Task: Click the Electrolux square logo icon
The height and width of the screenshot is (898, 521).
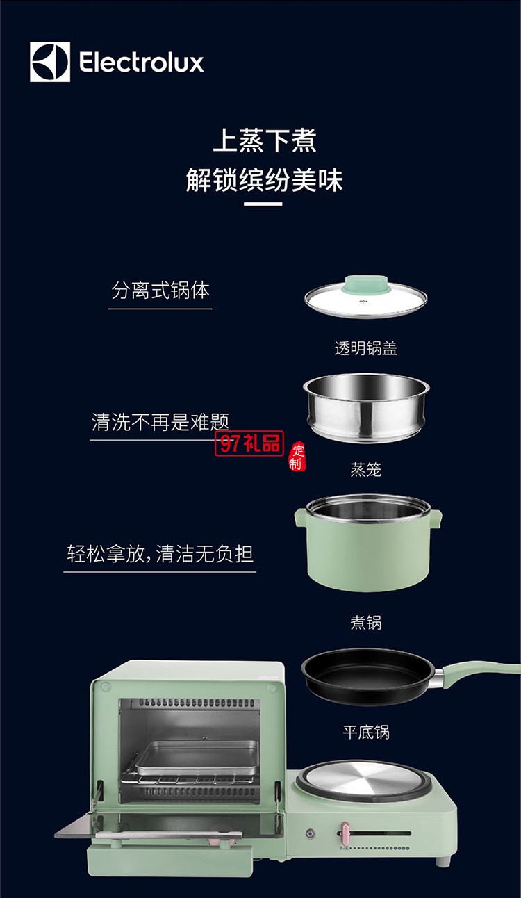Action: (50, 62)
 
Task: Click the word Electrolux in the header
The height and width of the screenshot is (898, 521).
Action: (141, 63)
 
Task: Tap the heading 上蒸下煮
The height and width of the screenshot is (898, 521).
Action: (264, 140)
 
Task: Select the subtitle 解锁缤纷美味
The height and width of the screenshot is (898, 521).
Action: (264, 180)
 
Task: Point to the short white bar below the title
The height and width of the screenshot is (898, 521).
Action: (263, 204)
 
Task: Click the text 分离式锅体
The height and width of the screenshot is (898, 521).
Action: (160, 290)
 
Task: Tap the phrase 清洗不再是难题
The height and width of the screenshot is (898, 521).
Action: (160, 421)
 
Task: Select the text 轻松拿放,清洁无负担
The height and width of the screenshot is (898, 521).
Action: (160, 554)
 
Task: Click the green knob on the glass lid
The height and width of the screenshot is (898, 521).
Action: (365, 284)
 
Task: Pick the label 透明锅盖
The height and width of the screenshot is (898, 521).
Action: (365, 349)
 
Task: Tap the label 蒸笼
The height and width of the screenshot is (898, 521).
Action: (365, 471)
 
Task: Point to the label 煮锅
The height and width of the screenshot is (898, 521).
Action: (365, 623)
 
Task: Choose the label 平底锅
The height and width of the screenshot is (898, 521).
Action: (365, 732)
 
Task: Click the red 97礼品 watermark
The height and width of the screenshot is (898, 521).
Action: (249, 443)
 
